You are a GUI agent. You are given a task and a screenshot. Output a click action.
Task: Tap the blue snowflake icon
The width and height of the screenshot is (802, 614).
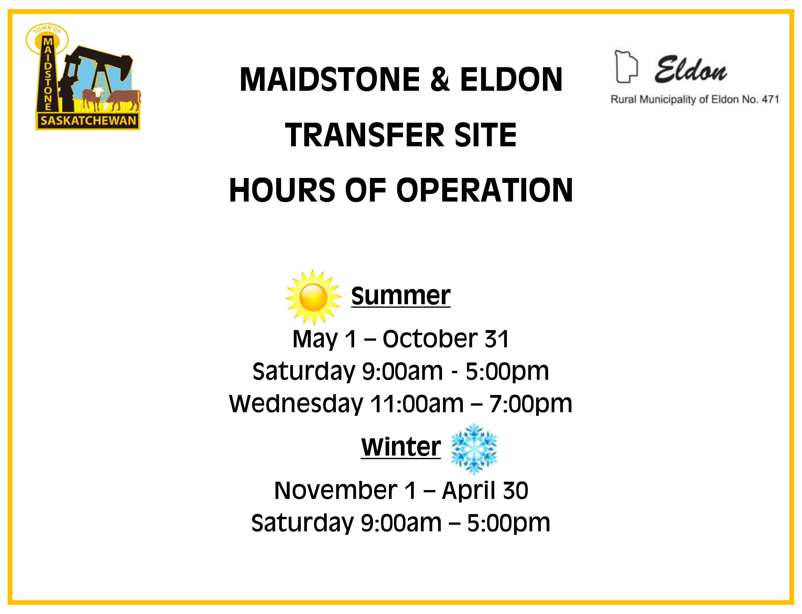pos(474,448)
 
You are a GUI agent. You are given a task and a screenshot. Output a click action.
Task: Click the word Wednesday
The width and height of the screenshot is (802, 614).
pos(296,404)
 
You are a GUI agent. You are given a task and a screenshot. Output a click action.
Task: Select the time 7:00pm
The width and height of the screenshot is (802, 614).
pos(531,404)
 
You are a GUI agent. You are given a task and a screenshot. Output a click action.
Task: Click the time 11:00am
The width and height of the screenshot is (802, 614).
pos(417,404)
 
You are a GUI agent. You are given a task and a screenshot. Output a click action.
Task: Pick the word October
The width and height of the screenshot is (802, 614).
pos(430,339)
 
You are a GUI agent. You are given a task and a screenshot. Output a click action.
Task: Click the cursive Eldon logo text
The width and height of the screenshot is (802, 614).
pos(690,70)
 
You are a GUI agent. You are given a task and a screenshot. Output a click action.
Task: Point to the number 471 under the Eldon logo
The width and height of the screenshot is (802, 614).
pos(770,99)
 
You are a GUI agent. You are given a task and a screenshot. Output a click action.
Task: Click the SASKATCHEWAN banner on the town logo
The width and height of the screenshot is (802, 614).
pos(88,121)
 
